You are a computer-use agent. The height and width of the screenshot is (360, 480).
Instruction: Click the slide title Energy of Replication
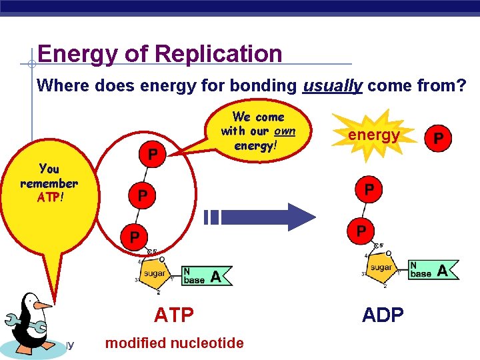point(160,53)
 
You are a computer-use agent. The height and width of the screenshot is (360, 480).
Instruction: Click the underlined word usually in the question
point(332,85)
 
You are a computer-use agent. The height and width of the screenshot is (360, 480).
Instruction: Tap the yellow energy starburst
point(373,136)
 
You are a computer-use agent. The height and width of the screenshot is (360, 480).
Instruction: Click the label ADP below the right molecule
point(383,314)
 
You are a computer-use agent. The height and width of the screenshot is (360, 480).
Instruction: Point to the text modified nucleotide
point(175,343)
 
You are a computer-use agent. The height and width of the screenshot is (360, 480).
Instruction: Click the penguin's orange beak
point(42,305)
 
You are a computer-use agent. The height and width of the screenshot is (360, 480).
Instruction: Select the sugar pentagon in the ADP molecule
point(381,268)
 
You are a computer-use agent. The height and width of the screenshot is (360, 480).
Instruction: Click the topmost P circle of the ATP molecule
point(153,155)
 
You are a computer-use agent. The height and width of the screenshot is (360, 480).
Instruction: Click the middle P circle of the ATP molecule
point(142,196)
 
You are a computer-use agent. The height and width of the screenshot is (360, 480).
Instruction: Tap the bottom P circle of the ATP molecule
point(135,237)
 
